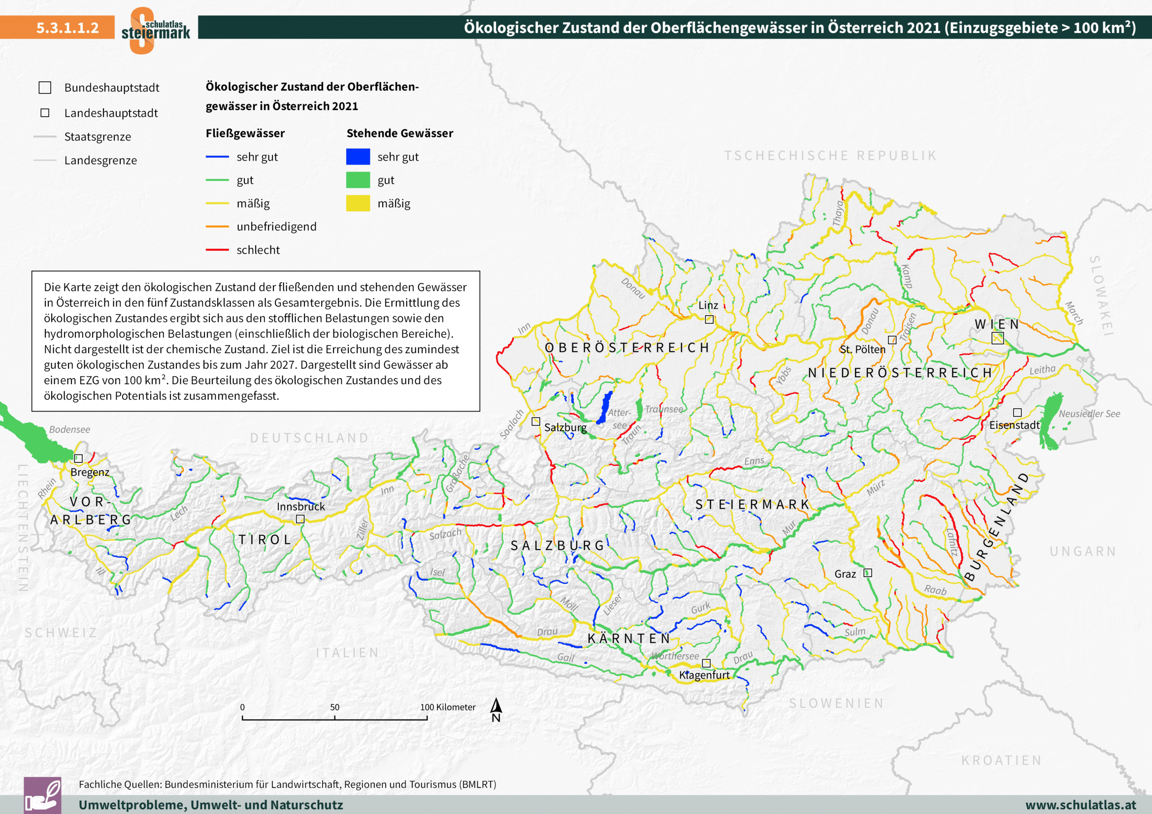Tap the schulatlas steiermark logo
coord(155,30)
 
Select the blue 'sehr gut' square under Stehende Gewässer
coord(358,157)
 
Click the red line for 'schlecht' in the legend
coord(217,250)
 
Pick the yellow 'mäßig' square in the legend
coord(358,203)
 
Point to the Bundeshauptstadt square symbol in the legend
coord(45,88)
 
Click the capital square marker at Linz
coord(709,320)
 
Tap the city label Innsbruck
coord(300,507)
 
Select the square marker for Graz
coord(867,573)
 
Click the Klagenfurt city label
coord(704,675)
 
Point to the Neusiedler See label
coord(1089,414)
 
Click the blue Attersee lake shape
coord(605,407)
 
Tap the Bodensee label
coord(69,429)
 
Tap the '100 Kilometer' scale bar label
coord(448,707)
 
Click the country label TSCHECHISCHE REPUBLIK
coord(830,156)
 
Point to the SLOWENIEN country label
coord(836,703)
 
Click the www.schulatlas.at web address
coord(1080,805)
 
